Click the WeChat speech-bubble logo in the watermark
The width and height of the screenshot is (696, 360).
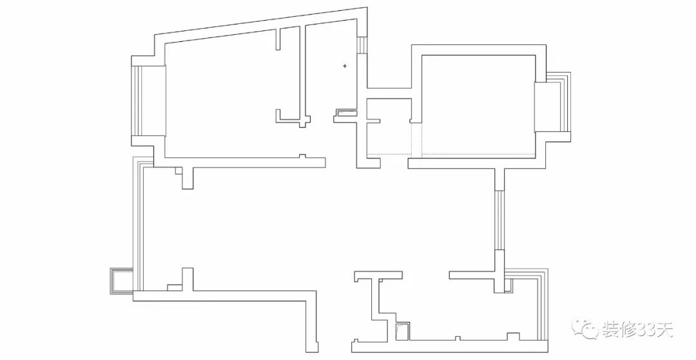pos(588,329)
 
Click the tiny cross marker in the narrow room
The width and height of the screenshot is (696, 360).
pos(345,66)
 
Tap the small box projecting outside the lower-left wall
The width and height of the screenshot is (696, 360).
pos(120,281)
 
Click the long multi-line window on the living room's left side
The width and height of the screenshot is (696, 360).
pos(138,219)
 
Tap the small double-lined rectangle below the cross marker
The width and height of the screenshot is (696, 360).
pos(345,113)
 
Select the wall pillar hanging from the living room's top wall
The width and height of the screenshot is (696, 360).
pos(188,178)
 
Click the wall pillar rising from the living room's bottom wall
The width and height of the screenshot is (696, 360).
pos(188,279)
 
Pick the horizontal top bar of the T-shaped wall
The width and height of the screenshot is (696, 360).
pos(378,277)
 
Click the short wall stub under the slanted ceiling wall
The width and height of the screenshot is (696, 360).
pos(280,39)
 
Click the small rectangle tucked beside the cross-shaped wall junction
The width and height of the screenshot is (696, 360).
pos(174,287)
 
